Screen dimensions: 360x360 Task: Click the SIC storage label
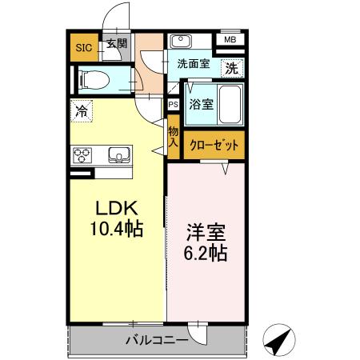83,47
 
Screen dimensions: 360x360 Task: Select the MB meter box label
230,40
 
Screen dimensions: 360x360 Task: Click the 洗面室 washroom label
194,64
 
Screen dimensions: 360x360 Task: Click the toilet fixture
90,78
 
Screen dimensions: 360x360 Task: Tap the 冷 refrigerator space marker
82,111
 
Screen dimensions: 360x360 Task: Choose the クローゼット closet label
214,145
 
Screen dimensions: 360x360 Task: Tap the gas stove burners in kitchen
82,154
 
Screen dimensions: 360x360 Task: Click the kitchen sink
118,154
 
